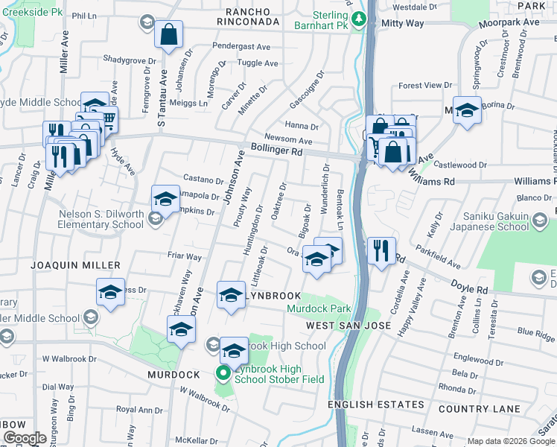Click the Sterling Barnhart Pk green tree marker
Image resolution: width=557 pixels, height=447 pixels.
(360, 18)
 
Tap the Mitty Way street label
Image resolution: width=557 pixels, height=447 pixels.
(402, 24)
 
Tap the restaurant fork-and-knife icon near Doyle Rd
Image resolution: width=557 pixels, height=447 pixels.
(381, 250)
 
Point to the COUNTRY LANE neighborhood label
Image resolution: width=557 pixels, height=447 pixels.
(479, 409)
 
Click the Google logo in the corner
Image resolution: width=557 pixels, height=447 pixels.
(25, 438)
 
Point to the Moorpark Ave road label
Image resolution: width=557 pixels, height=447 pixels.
(509, 22)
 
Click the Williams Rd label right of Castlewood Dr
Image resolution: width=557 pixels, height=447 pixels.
(526, 181)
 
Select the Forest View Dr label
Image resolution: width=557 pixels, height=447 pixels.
(425, 86)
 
